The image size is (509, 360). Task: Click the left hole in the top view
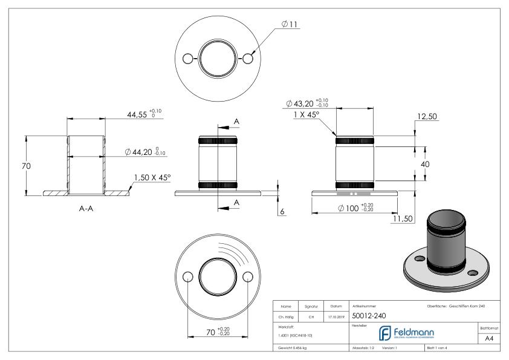click(x=188, y=59)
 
